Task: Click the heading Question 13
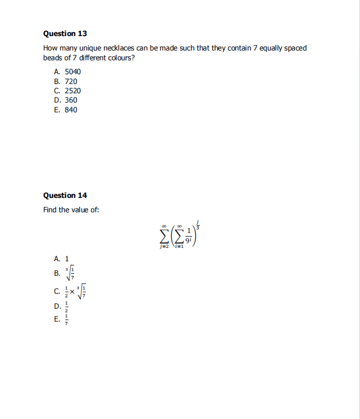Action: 65,33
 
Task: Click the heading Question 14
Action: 65,195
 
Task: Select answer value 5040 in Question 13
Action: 73,72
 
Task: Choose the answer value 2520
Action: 73,91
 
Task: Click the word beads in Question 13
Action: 53,58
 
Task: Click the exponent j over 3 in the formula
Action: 199,225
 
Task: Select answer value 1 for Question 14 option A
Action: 66,259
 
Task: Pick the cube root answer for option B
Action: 72,272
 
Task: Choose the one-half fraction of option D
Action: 65,307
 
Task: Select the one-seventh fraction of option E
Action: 65,320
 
